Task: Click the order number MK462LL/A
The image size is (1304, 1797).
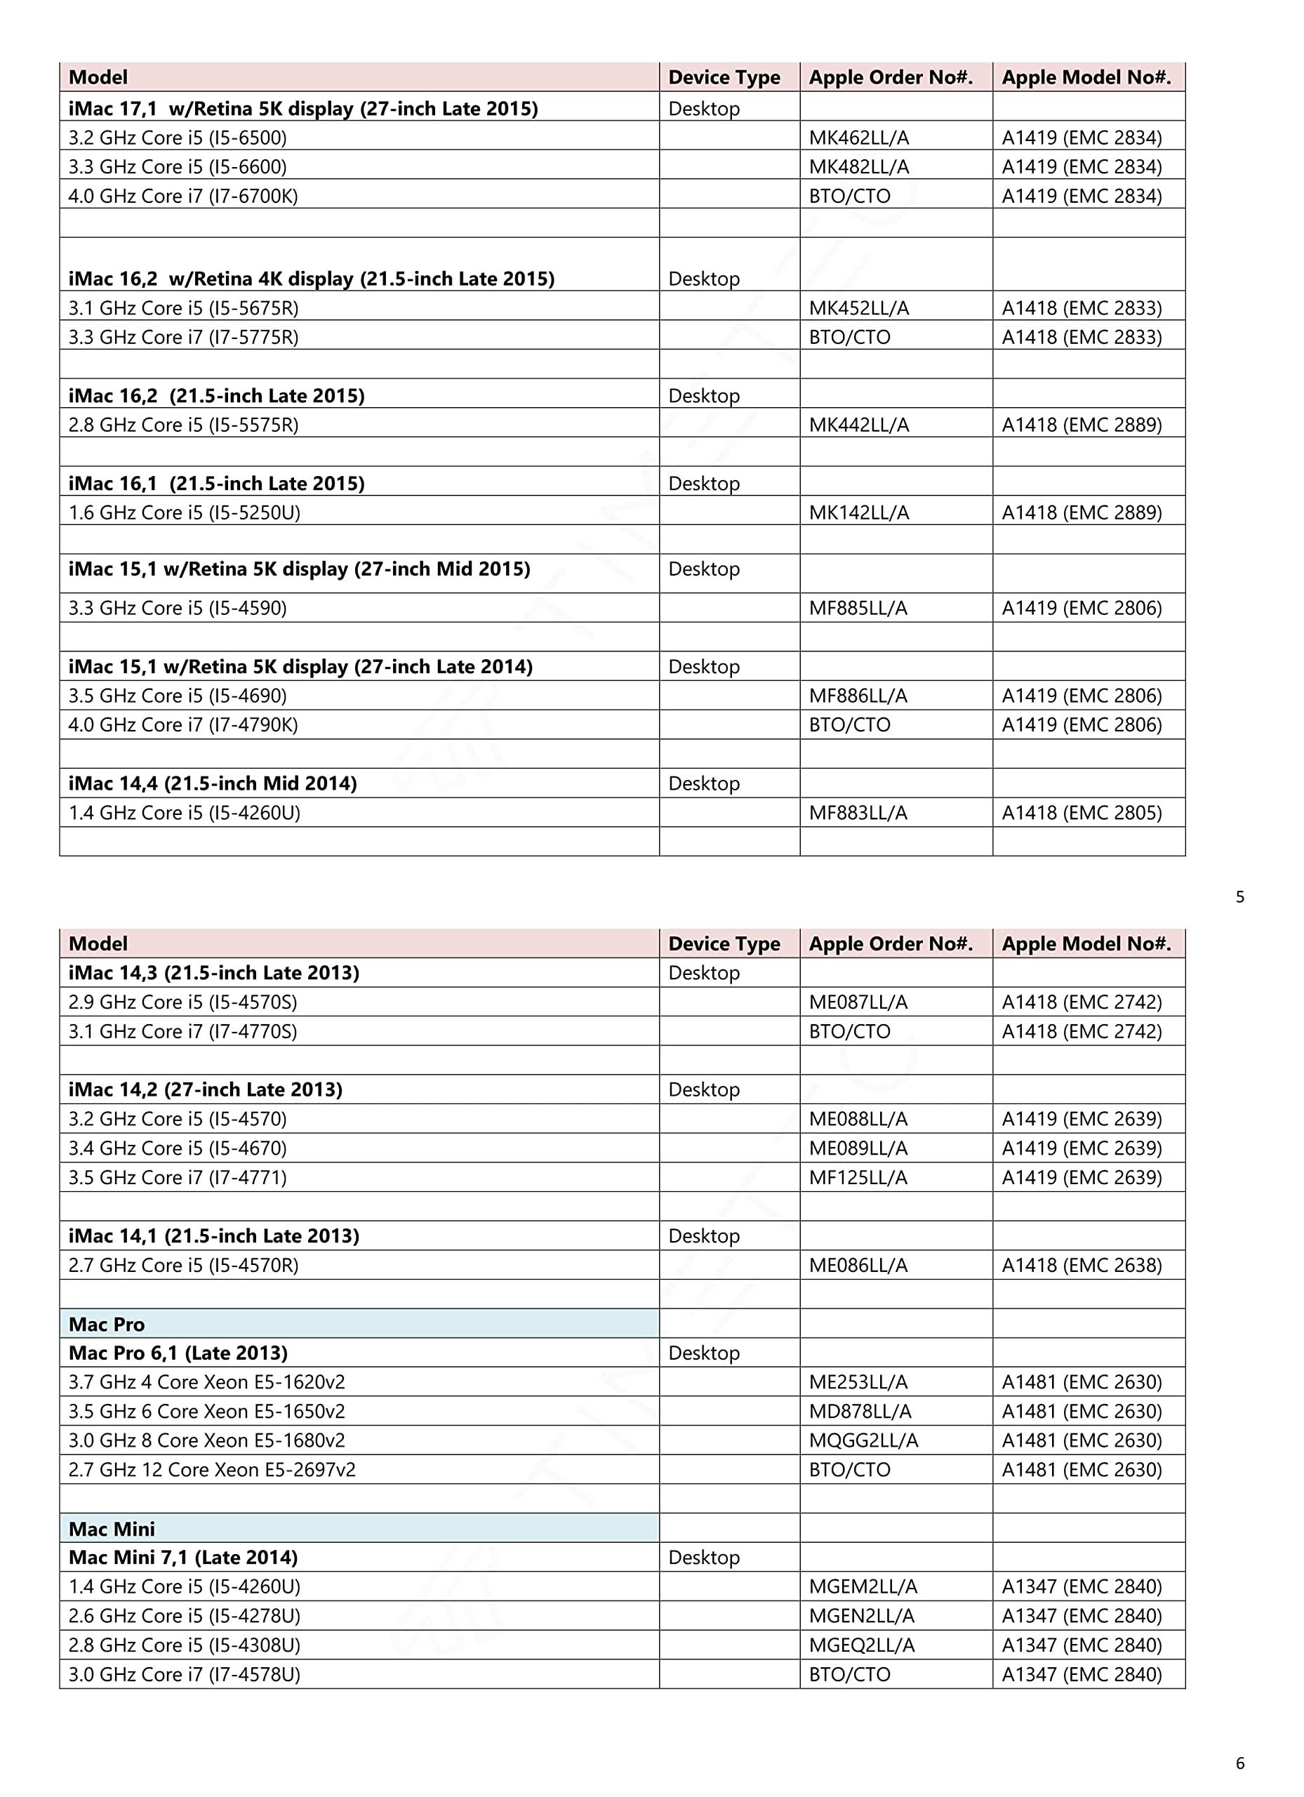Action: click(859, 138)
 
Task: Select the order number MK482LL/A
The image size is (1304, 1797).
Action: click(859, 167)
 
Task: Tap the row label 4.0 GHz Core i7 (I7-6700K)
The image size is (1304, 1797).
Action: click(183, 197)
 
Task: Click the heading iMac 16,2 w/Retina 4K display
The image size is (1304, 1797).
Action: click(312, 279)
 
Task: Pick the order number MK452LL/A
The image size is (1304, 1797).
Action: click(859, 308)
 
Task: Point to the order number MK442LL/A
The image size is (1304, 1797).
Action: click(859, 425)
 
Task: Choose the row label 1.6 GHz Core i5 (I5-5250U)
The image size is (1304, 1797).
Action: click(185, 512)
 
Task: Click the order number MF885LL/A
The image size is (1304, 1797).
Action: click(858, 609)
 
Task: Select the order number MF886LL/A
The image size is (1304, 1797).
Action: click(858, 696)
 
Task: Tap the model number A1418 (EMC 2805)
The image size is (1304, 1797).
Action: click(1082, 813)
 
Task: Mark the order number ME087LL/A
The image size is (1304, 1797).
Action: click(858, 1002)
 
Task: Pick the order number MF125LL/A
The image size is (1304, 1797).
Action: click(858, 1178)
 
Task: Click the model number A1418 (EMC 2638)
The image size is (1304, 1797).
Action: click(1082, 1266)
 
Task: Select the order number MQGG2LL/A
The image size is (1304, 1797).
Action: click(863, 1440)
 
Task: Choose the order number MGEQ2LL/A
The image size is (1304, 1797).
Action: click(862, 1645)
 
